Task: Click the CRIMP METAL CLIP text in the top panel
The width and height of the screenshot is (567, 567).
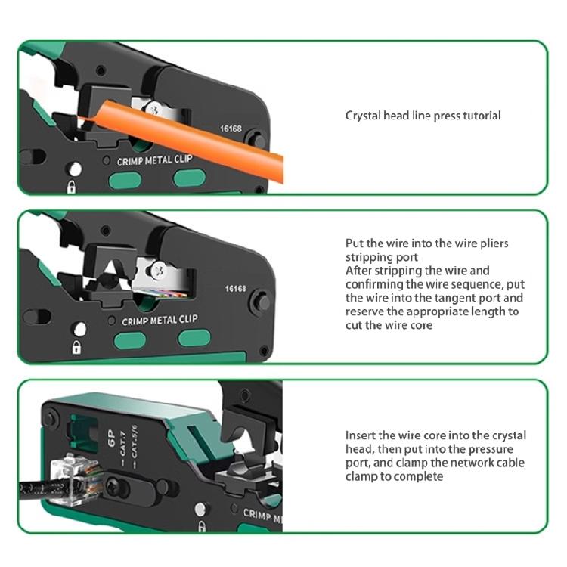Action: point(156,161)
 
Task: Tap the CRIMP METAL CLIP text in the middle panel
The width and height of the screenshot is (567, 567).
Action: point(160,320)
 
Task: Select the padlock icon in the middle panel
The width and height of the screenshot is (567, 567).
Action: point(76,347)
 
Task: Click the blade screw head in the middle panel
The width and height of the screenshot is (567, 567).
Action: point(158,268)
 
